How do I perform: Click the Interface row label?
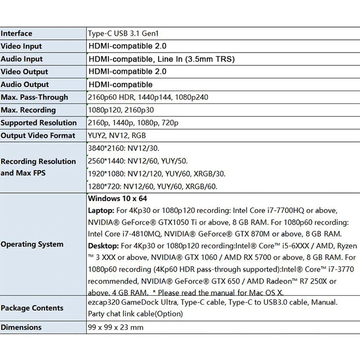(x=17, y=33)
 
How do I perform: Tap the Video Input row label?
(x=21, y=46)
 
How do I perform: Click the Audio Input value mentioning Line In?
(x=161, y=59)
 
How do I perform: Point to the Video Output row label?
(x=24, y=72)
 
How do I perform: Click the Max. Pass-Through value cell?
(x=148, y=97)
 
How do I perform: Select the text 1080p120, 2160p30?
(x=121, y=110)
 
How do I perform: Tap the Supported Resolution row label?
(x=39, y=123)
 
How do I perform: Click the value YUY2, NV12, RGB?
(x=117, y=135)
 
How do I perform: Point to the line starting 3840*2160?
(x=123, y=148)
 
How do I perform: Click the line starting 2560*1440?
(x=138, y=161)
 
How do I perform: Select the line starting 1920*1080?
(x=157, y=174)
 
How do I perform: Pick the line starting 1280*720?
(x=153, y=186)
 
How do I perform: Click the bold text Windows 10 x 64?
(x=117, y=198)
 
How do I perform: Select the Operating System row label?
(x=32, y=244)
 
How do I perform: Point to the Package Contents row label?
(x=32, y=308)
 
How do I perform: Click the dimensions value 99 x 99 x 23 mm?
(x=116, y=327)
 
